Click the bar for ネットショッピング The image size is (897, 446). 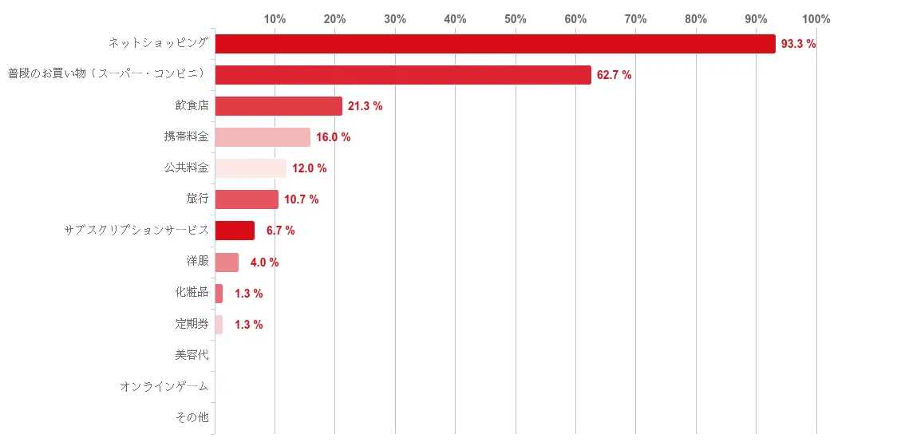click(495, 44)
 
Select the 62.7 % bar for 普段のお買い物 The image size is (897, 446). click(403, 75)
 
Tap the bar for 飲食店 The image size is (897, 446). click(279, 106)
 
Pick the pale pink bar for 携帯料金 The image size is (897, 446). click(263, 137)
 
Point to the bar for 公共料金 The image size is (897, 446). click(251, 168)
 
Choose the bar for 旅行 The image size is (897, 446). click(247, 199)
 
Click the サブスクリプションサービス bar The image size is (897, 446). click(235, 231)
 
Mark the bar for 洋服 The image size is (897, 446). click(227, 262)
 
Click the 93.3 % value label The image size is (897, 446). click(798, 44)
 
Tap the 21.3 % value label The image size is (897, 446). click(365, 106)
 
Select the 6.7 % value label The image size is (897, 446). click(280, 231)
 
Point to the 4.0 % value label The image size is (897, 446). click(264, 262)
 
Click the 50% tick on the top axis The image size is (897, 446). click(516, 19)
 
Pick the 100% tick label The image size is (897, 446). click(816, 19)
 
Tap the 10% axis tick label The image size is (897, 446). click(275, 19)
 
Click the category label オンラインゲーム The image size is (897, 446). click(164, 386)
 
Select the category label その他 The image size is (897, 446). click(192, 417)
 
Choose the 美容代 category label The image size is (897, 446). click(192, 355)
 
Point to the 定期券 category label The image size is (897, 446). click(192, 324)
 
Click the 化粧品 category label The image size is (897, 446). click(192, 293)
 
